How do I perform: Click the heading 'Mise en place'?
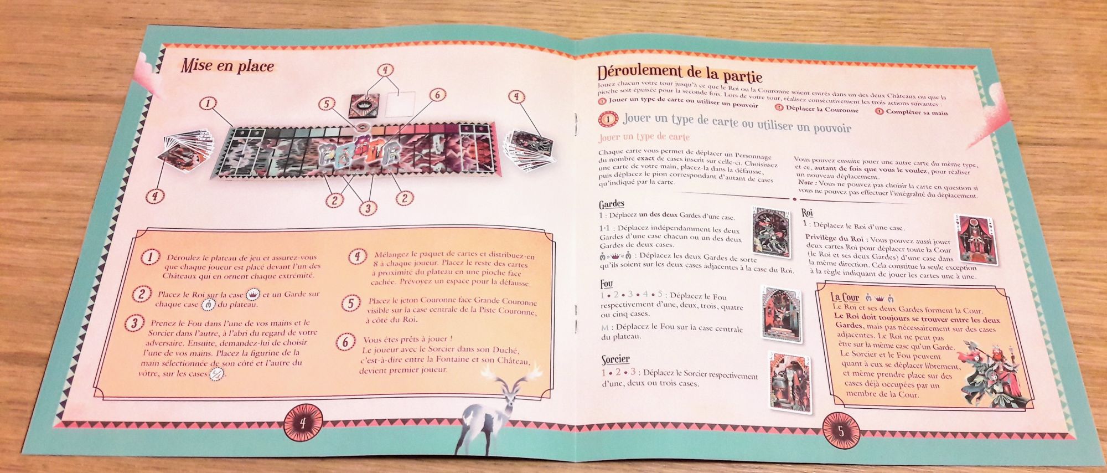pyautogui.click(x=227, y=66)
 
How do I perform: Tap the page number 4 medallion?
pyautogui.click(x=303, y=424)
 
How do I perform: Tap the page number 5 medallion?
pyautogui.click(x=841, y=430)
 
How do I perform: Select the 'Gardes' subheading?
pyautogui.click(x=611, y=204)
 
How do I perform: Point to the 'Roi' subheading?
pyautogui.click(x=807, y=213)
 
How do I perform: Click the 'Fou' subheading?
pyautogui.click(x=606, y=284)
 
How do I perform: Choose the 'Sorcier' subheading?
pyautogui.click(x=615, y=359)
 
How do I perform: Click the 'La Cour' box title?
pyautogui.click(x=845, y=297)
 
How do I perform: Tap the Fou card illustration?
pyautogui.click(x=782, y=314)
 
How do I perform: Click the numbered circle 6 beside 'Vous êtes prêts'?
pyautogui.click(x=345, y=342)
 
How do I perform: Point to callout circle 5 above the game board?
pyautogui.click(x=327, y=104)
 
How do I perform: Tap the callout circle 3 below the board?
pyautogui.click(x=367, y=208)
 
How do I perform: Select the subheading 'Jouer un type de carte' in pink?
pyautogui.click(x=644, y=137)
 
